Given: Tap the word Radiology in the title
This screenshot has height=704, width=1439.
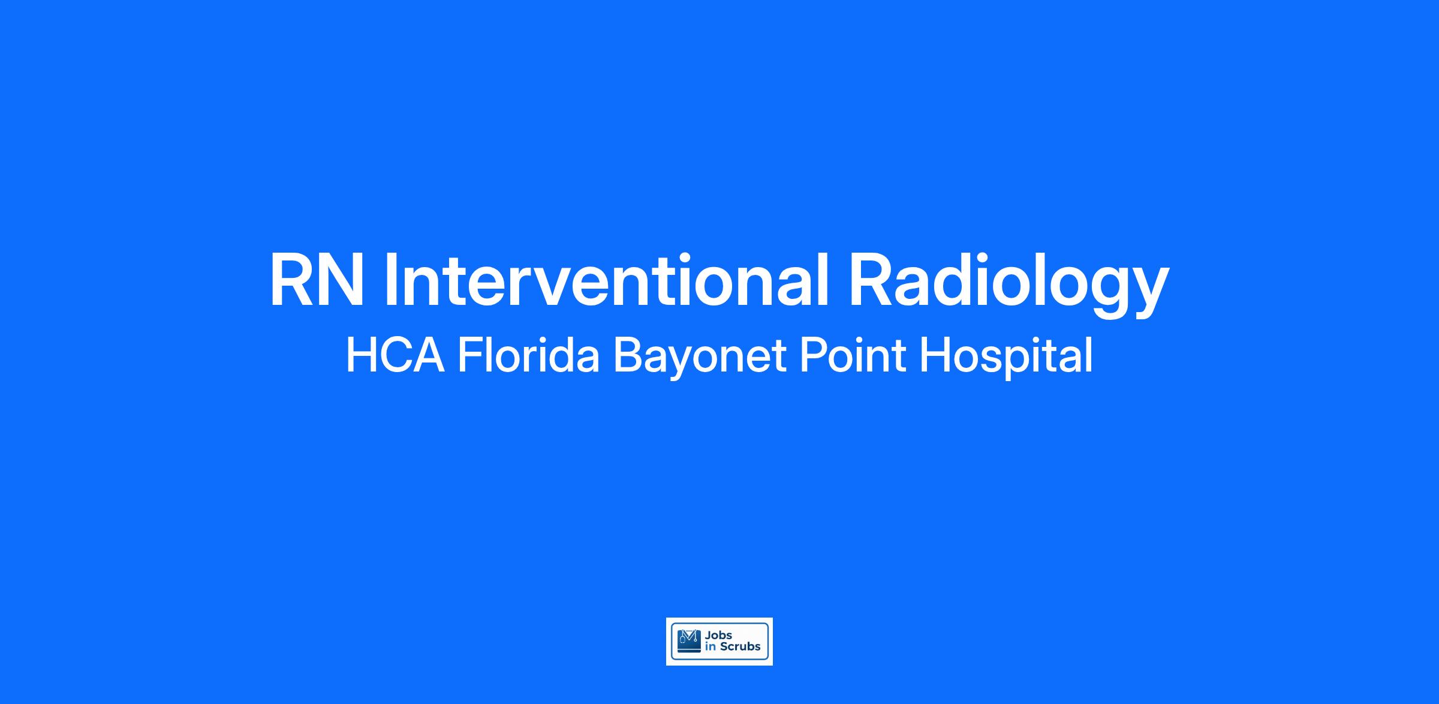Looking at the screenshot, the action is (1008, 284).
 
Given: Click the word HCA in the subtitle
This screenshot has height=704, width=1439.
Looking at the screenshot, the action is (395, 356).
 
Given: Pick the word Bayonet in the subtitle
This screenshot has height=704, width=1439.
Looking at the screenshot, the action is (700, 358).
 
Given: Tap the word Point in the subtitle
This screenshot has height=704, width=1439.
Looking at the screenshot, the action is (853, 355).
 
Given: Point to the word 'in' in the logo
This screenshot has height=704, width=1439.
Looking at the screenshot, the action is (711, 647).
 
